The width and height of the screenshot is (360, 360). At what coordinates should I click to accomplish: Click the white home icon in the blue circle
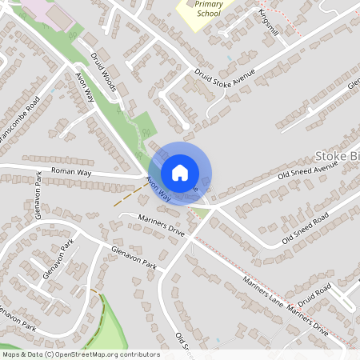(180, 172)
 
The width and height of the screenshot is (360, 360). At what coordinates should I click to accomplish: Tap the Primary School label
(209, 8)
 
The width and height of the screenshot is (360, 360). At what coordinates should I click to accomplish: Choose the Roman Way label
(72, 171)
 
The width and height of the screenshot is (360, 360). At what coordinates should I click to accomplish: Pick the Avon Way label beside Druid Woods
(85, 87)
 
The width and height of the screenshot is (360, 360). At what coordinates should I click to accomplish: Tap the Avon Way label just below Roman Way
(158, 189)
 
